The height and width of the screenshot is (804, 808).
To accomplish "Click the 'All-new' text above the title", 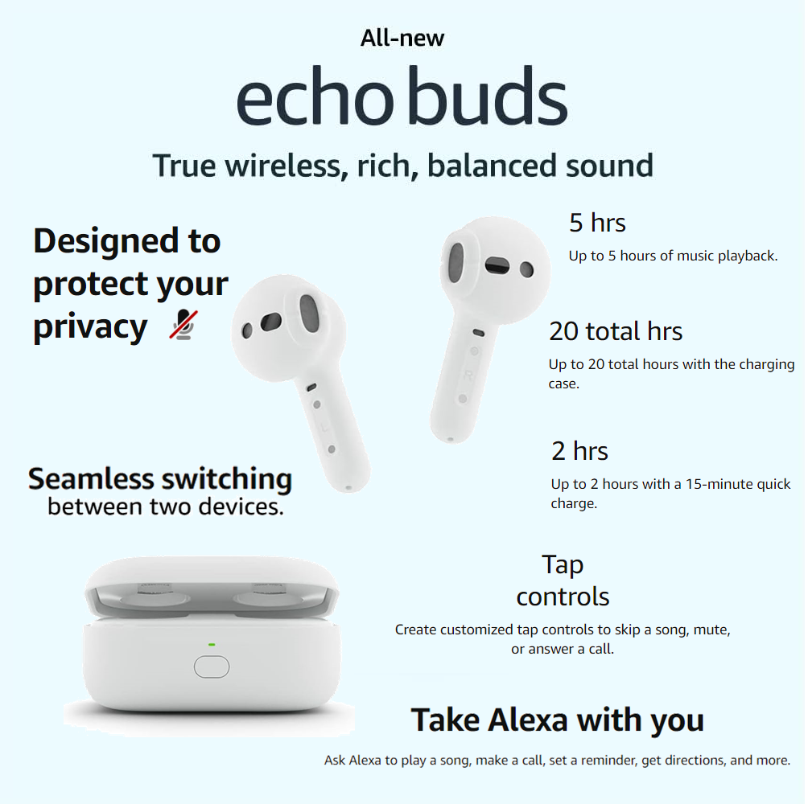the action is pos(402,38).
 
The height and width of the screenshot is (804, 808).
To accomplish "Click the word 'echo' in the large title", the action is pos(315,96).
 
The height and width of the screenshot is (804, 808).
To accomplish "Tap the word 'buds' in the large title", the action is pos(489,96).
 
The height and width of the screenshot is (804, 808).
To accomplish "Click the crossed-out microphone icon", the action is pos(183,325).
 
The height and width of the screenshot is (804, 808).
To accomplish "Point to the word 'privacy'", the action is pos(91,327).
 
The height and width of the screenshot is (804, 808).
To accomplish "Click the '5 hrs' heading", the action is pos(597,223).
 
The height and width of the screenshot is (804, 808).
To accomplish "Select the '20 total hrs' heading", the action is pos(616,331).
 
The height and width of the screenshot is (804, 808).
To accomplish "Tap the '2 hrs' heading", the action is pos(579,451).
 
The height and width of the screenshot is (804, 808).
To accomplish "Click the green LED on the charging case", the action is pos(212,645).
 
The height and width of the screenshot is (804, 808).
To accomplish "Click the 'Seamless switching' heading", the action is pos(160,480).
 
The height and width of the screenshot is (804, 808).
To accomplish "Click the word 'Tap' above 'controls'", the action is pos(563,565).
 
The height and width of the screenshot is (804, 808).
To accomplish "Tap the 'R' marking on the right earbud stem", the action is pos(468,375).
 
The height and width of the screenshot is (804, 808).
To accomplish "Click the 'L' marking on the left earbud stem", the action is pos(324,427).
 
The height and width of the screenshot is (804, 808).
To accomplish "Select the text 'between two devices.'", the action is pos(166,507).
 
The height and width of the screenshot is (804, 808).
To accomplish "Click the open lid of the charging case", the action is pos(212,587).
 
